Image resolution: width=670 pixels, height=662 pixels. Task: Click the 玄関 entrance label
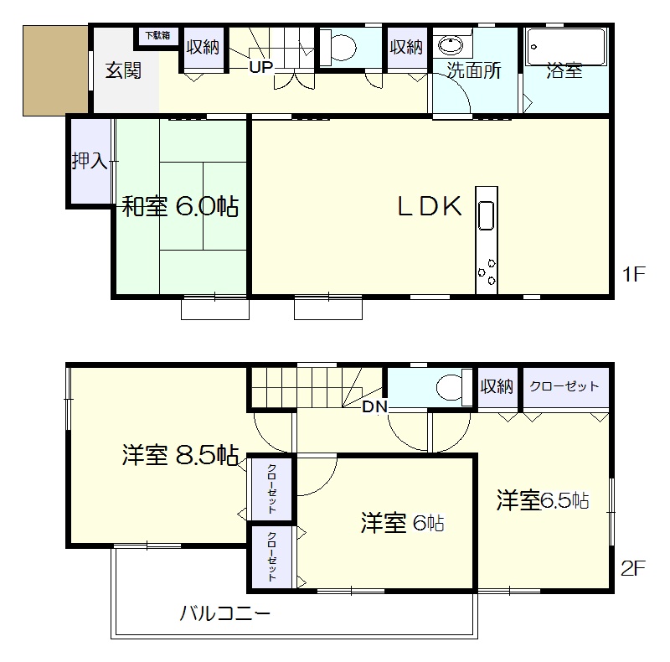pos(123,70)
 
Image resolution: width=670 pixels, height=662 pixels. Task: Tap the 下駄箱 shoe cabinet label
pos(157,35)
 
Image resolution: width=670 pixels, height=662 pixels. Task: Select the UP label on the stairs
pos(260,67)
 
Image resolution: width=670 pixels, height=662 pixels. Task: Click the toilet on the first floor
pos(338,47)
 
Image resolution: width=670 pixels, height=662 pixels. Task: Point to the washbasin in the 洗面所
pos(451,45)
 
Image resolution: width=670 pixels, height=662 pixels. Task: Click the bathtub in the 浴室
pos(565,47)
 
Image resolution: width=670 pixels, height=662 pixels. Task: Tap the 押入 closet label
pos(90,161)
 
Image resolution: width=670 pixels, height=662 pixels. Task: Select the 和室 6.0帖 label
pos(180,206)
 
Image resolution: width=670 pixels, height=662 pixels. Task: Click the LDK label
pos(430,206)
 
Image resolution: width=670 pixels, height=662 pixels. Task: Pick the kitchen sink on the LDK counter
pos(487,216)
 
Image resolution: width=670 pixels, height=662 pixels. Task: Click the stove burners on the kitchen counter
pos(487,272)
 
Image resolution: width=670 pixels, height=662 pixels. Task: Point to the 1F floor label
pos(633,274)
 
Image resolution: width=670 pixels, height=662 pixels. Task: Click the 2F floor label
pos(633,568)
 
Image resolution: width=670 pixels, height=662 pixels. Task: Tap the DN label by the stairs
pos(374,406)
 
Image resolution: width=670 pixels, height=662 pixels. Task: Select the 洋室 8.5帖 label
pos(180,455)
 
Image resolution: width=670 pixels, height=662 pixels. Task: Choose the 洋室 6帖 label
pos(403,523)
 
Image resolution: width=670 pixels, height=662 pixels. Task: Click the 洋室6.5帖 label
pos(543,500)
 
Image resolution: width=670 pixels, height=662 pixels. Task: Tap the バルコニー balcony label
pos(224,613)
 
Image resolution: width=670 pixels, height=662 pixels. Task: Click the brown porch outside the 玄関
pos(55,70)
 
